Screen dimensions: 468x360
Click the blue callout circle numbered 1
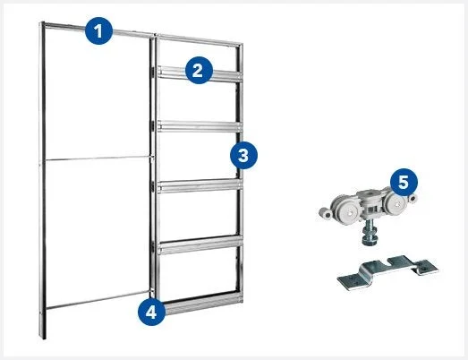pos(98,30)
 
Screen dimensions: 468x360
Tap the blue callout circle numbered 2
pos(199,70)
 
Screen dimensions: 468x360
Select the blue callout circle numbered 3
pos(243,155)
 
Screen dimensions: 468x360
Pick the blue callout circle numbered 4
pos(151,312)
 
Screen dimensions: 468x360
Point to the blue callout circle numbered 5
pos(404,182)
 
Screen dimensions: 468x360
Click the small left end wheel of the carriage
pos(325,213)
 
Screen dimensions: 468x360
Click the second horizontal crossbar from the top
pos(200,126)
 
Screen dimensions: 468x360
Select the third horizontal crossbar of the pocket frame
pos(200,186)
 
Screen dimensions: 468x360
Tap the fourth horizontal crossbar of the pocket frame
pos(200,245)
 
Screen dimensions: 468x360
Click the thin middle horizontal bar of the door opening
pos(97,159)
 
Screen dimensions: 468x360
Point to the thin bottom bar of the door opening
pos(98,299)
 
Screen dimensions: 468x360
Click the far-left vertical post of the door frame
pos(42,180)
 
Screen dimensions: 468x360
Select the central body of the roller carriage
pos(371,203)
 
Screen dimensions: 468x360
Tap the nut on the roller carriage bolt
pos(370,238)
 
